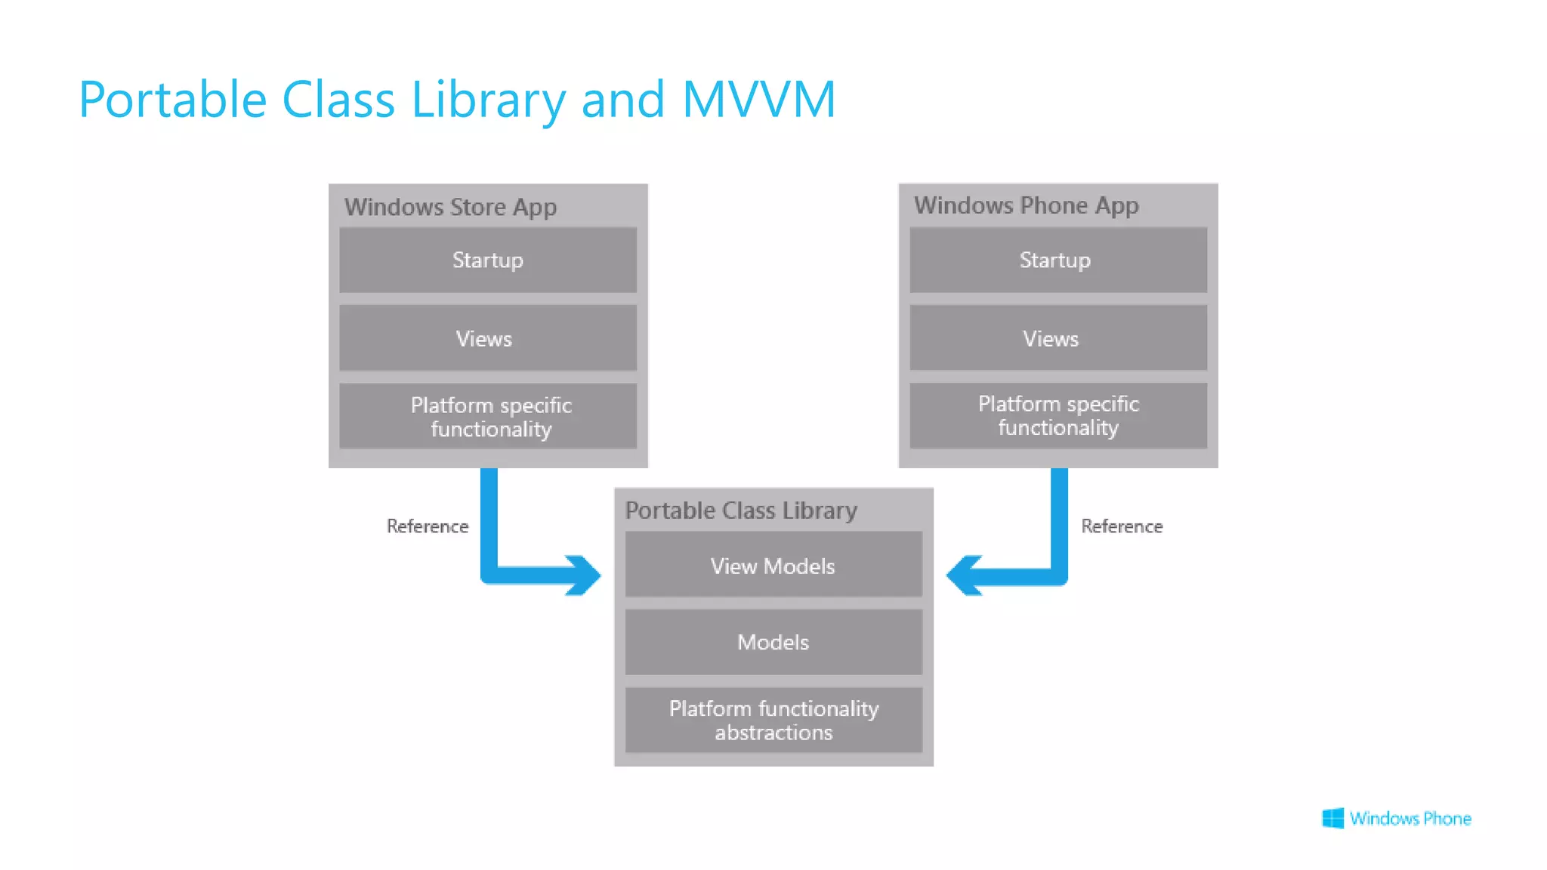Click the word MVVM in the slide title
[758, 100]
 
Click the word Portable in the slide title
[173, 100]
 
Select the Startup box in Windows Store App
[488, 260]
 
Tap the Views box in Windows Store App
[488, 338]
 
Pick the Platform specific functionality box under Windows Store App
[488, 416]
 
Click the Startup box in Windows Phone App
[1058, 260]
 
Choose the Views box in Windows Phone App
[1058, 338]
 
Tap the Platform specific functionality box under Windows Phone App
[1058, 415]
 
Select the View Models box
[773, 566]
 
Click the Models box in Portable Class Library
[773, 642]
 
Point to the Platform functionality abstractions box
[773, 720]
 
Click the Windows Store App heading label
[450, 207]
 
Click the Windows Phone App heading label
[1026, 205]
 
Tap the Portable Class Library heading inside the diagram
[741, 511]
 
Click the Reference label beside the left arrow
[428, 526]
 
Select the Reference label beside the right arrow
[1122, 526]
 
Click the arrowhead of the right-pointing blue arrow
[585, 575]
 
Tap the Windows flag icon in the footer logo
[1332, 818]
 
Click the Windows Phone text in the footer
[1410, 819]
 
